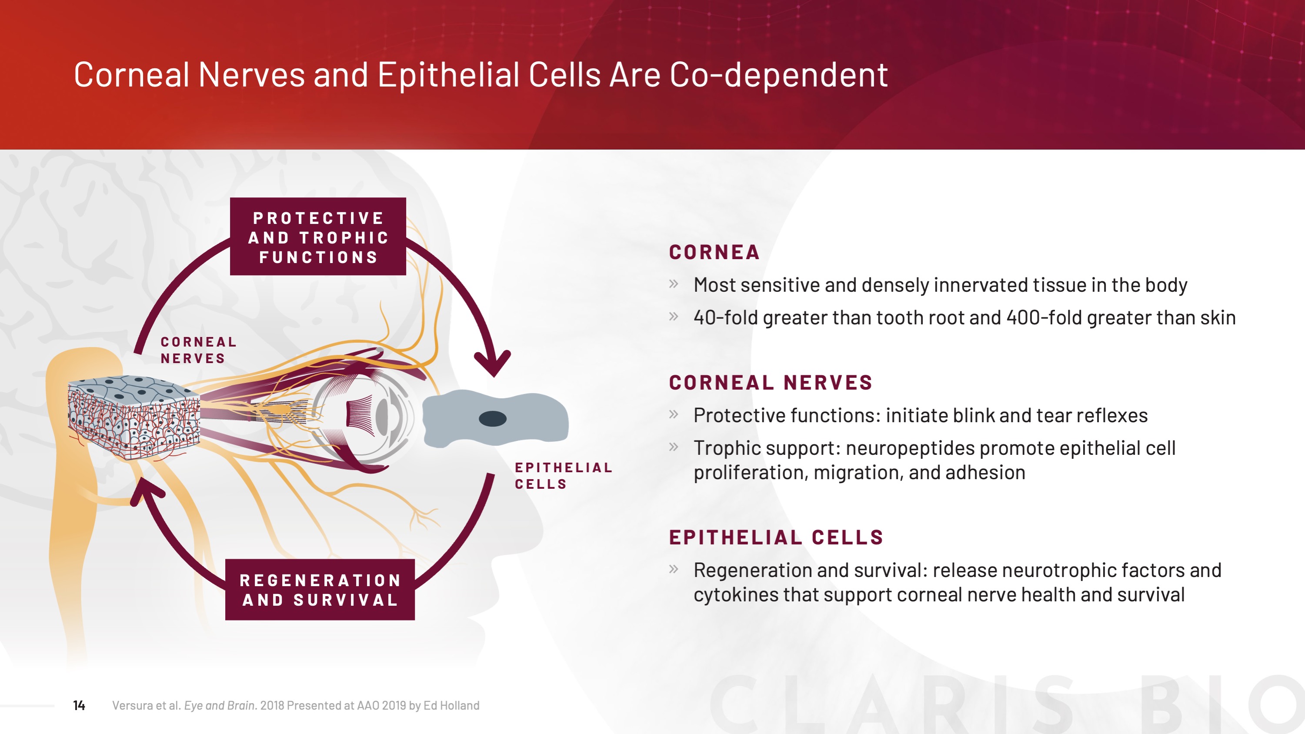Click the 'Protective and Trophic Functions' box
317,237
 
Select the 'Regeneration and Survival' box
320,590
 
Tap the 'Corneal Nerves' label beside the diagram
199,350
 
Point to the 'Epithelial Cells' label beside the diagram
563,476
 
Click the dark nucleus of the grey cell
492,419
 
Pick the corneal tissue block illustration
134,417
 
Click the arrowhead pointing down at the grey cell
492,363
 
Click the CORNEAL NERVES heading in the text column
771,383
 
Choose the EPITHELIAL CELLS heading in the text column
776,537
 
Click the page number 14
79,705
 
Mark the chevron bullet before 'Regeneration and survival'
673,569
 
